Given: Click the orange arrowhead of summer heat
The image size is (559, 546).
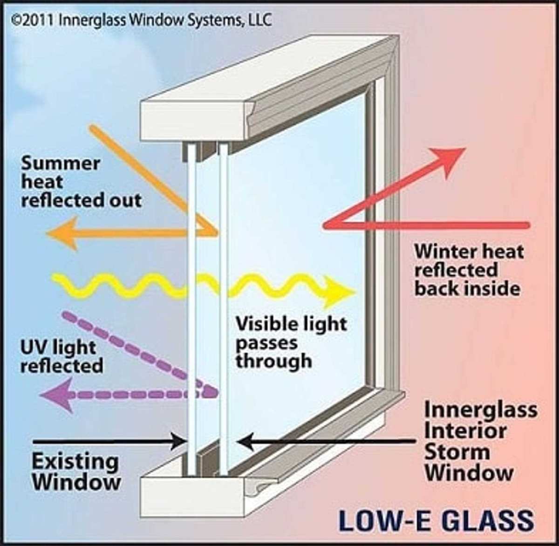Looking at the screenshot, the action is pyautogui.click(x=62, y=233).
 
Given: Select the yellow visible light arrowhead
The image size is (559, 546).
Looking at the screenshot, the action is pyautogui.click(x=339, y=291).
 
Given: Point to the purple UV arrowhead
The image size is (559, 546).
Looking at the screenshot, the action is pyautogui.click(x=56, y=395).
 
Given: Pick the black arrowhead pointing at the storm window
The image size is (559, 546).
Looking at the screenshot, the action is pyautogui.click(x=245, y=441).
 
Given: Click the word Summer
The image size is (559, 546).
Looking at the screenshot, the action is pyautogui.click(x=60, y=164).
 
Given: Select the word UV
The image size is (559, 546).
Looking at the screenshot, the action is pyautogui.click(x=34, y=348).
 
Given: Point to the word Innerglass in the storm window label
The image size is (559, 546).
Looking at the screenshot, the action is pyautogui.click(x=481, y=410).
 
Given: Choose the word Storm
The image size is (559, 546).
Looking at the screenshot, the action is pyautogui.click(x=457, y=452).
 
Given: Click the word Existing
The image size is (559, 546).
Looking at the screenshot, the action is pyautogui.click(x=75, y=462).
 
